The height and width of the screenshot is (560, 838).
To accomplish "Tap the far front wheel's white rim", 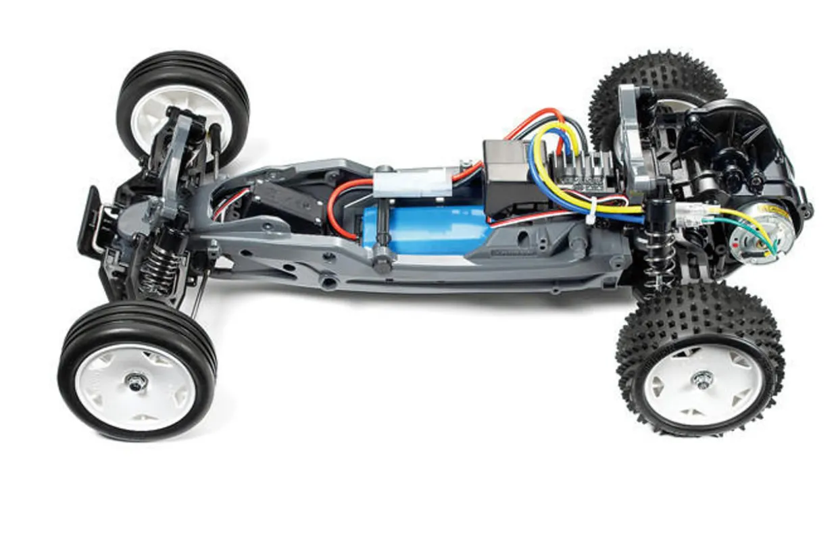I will click(179, 115).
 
